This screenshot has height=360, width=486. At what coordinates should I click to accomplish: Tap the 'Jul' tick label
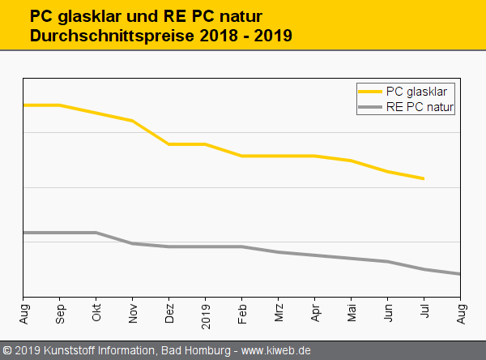click(x=424, y=311)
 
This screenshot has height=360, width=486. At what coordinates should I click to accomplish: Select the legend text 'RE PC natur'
click(x=420, y=106)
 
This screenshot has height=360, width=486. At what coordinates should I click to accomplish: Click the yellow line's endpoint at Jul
click(x=424, y=178)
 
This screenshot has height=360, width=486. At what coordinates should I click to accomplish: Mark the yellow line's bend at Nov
click(x=133, y=121)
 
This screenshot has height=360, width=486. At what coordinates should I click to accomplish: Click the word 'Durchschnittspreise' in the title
click(x=103, y=36)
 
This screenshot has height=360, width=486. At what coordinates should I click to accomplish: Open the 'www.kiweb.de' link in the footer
click(x=276, y=350)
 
